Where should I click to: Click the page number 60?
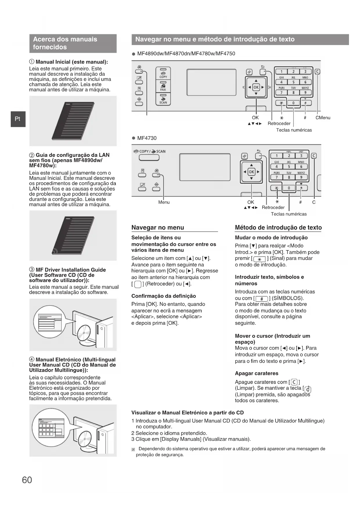[x=27, y=480]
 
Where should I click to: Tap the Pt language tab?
[x=18, y=119]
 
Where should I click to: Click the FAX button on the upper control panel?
[x=163, y=86]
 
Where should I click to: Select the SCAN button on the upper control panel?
[x=163, y=99]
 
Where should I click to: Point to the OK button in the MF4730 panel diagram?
[x=251, y=172]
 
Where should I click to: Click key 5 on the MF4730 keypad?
[x=289, y=167]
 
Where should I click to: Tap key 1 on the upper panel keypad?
[x=281, y=72]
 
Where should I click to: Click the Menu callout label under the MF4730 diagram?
[x=164, y=202]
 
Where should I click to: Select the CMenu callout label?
[x=323, y=118]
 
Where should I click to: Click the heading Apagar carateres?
[x=256, y=373]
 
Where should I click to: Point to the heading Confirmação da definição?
[x=164, y=296]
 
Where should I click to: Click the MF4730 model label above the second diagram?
[x=147, y=138]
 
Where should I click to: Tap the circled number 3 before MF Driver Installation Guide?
[x=32, y=270]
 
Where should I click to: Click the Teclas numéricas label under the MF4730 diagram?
[x=289, y=214]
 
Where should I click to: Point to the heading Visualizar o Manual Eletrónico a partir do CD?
[x=187, y=413]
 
